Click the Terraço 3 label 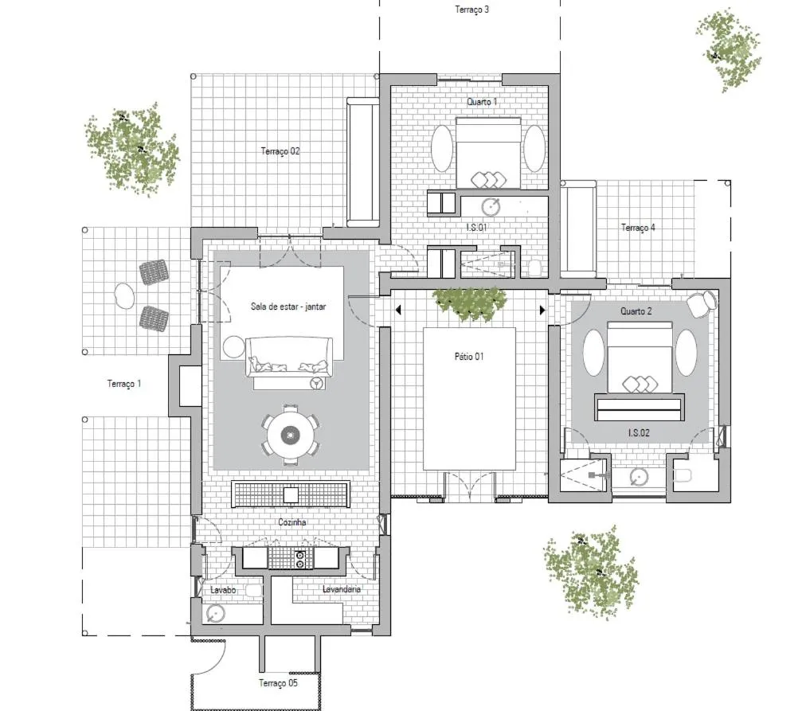[471, 10]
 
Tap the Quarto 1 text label [482, 102]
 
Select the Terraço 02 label [280, 150]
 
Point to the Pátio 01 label [469, 357]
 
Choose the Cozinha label [292, 523]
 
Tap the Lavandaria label [342, 589]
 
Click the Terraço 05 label [278, 683]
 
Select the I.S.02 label [639, 432]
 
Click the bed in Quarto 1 [488, 153]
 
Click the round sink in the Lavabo [215, 614]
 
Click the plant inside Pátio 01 [469, 303]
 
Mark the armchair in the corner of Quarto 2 [700, 303]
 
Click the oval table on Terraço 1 [123, 296]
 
